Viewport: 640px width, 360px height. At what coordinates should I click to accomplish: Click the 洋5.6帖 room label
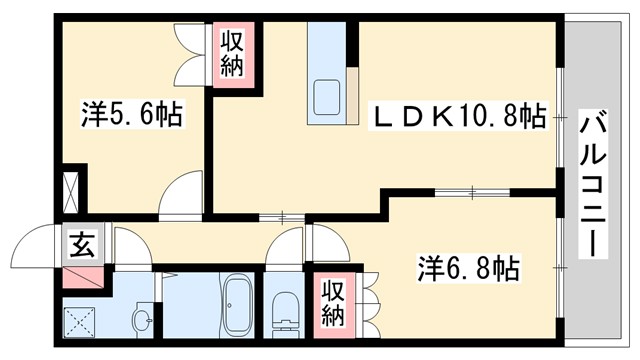130,115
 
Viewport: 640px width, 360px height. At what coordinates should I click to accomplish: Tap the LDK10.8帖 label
459,118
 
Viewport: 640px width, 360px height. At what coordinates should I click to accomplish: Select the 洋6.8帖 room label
467,267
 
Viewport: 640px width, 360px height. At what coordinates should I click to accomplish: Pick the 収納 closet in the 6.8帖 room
332,302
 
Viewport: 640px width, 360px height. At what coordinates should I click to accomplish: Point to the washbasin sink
143,321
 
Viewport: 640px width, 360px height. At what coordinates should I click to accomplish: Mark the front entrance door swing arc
38,245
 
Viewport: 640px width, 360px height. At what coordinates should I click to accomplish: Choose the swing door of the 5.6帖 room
180,192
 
